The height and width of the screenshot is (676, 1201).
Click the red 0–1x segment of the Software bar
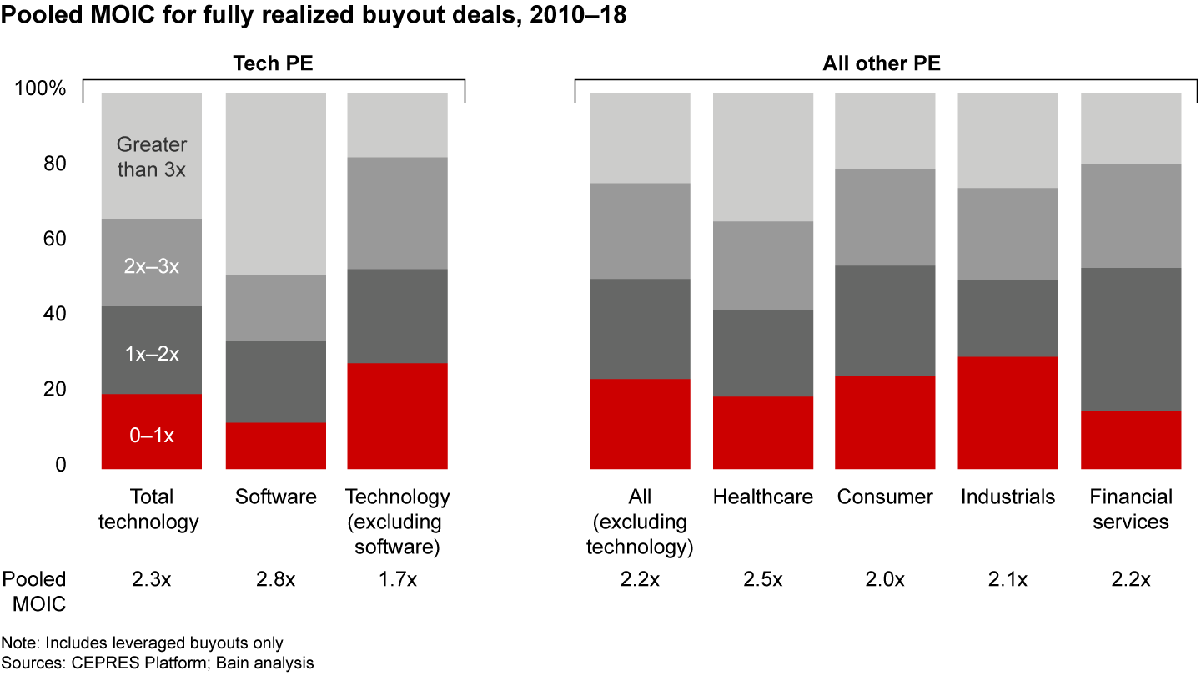(276, 446)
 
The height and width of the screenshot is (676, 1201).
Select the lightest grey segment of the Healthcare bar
(762, 156)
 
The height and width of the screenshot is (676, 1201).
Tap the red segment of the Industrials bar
(1008, 412)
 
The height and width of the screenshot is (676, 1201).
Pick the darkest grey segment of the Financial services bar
(1131, 339)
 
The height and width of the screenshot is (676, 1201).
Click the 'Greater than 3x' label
(151, 157)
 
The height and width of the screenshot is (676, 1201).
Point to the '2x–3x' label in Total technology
(151, 267)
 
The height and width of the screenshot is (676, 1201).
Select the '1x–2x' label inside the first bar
(151, 354)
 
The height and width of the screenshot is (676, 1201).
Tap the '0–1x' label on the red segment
(151, 435)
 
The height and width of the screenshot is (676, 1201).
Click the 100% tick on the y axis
(40, 88)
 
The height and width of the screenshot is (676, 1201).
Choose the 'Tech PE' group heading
(274, 63)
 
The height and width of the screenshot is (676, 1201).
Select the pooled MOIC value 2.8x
(276, 580)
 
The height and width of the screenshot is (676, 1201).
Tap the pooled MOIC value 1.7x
(398, 580)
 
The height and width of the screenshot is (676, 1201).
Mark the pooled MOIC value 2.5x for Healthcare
(762, 580)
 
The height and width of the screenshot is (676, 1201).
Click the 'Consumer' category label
(885, 497)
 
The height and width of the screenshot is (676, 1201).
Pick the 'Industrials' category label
(1008, 497)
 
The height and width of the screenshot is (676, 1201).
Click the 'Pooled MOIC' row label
(34, 591)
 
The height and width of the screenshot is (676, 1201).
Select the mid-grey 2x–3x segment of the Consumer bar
(885, 217)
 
